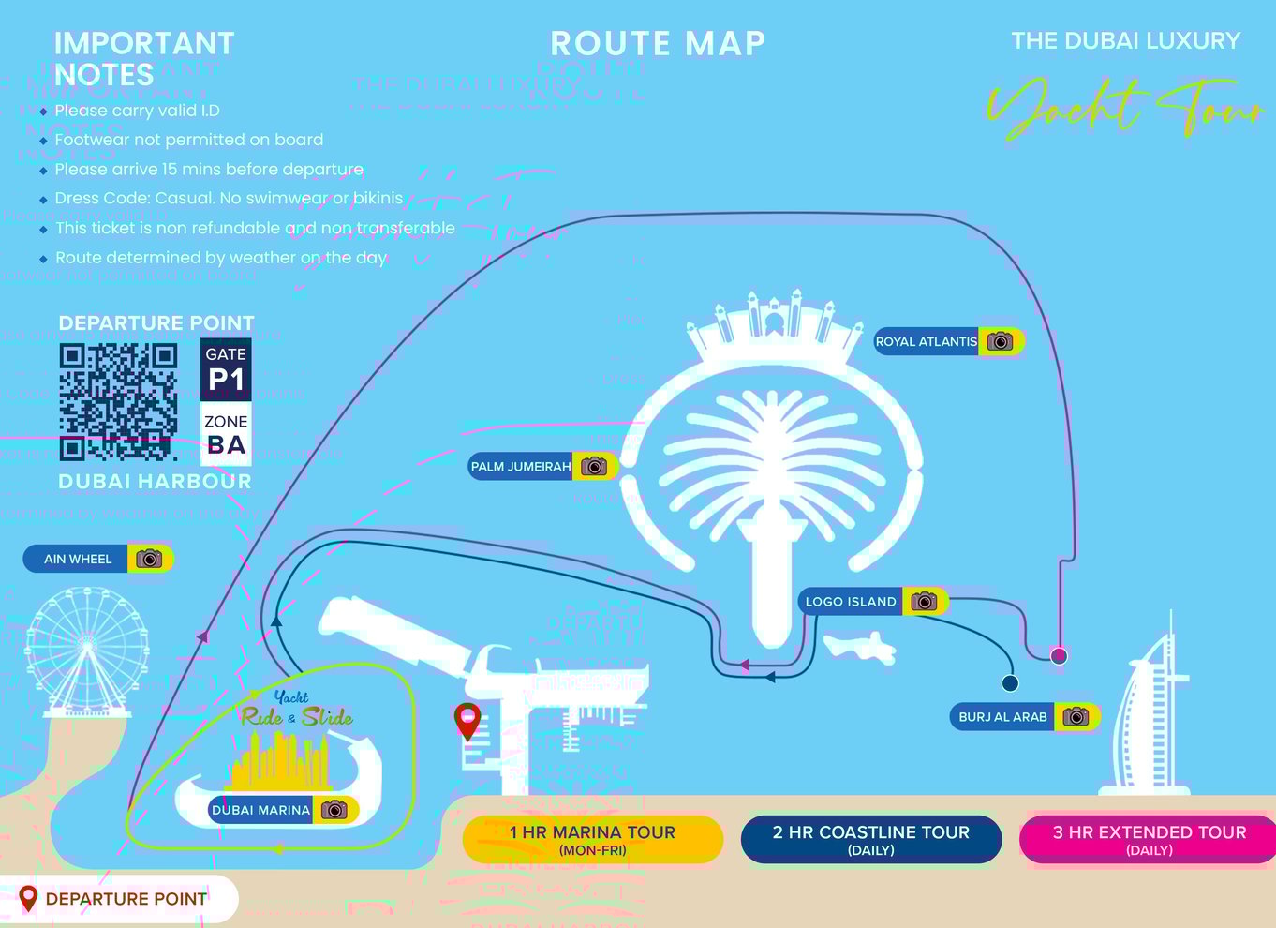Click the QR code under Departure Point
tap(118, 402)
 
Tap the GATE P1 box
tap(226, 369)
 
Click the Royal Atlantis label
tap(926, 342)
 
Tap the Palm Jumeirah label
tap(521, 467)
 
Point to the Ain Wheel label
tap(78, 560)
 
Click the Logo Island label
tap(851, 602)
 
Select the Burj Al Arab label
tap(1002, 717)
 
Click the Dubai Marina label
tap(260, 810)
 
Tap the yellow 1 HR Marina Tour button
tap(592, 839)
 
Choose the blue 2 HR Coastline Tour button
tap(870, 839)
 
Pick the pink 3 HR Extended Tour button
tap(1149, 839)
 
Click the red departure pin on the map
tap(467, 720)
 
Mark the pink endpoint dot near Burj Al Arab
tap(1059, 655)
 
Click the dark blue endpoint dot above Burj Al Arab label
tap(1010, 683)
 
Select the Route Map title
tap(658, 43)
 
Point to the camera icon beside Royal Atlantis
tap(1001, 342)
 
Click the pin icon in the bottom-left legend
tap(28, 899)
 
